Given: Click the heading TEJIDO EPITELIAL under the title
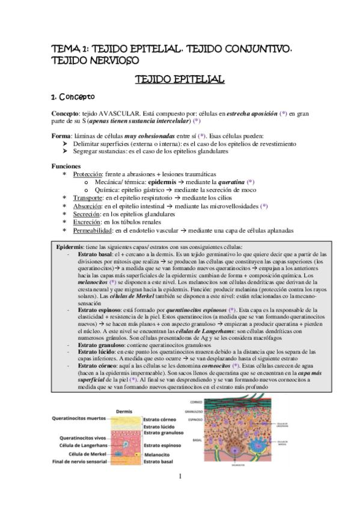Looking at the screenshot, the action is [x=179, y=79].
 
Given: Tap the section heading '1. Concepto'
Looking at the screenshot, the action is [x=72, y=96].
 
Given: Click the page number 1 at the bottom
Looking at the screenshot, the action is [x=180, y=477].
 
